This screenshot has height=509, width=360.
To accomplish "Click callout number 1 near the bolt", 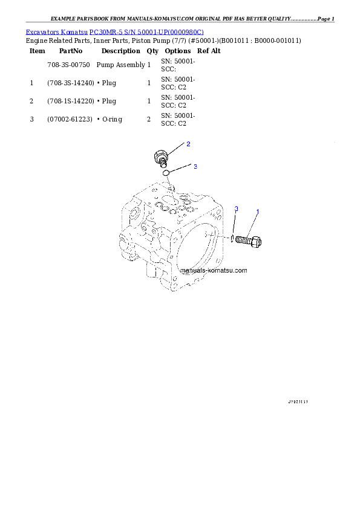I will coord(258,212).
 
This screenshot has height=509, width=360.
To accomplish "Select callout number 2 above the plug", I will coord(188,144).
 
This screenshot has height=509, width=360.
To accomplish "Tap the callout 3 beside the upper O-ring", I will coord(195,167).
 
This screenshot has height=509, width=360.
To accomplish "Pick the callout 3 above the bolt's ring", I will coord(237,209).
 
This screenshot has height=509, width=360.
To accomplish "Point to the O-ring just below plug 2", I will coord(165,174).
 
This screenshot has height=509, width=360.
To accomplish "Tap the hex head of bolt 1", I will coord(257,242).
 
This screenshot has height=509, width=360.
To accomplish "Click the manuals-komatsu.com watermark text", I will coord(214,271).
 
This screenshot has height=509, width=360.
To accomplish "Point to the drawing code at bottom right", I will coord(298,401).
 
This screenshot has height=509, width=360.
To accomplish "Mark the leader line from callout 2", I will coord(176,149).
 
